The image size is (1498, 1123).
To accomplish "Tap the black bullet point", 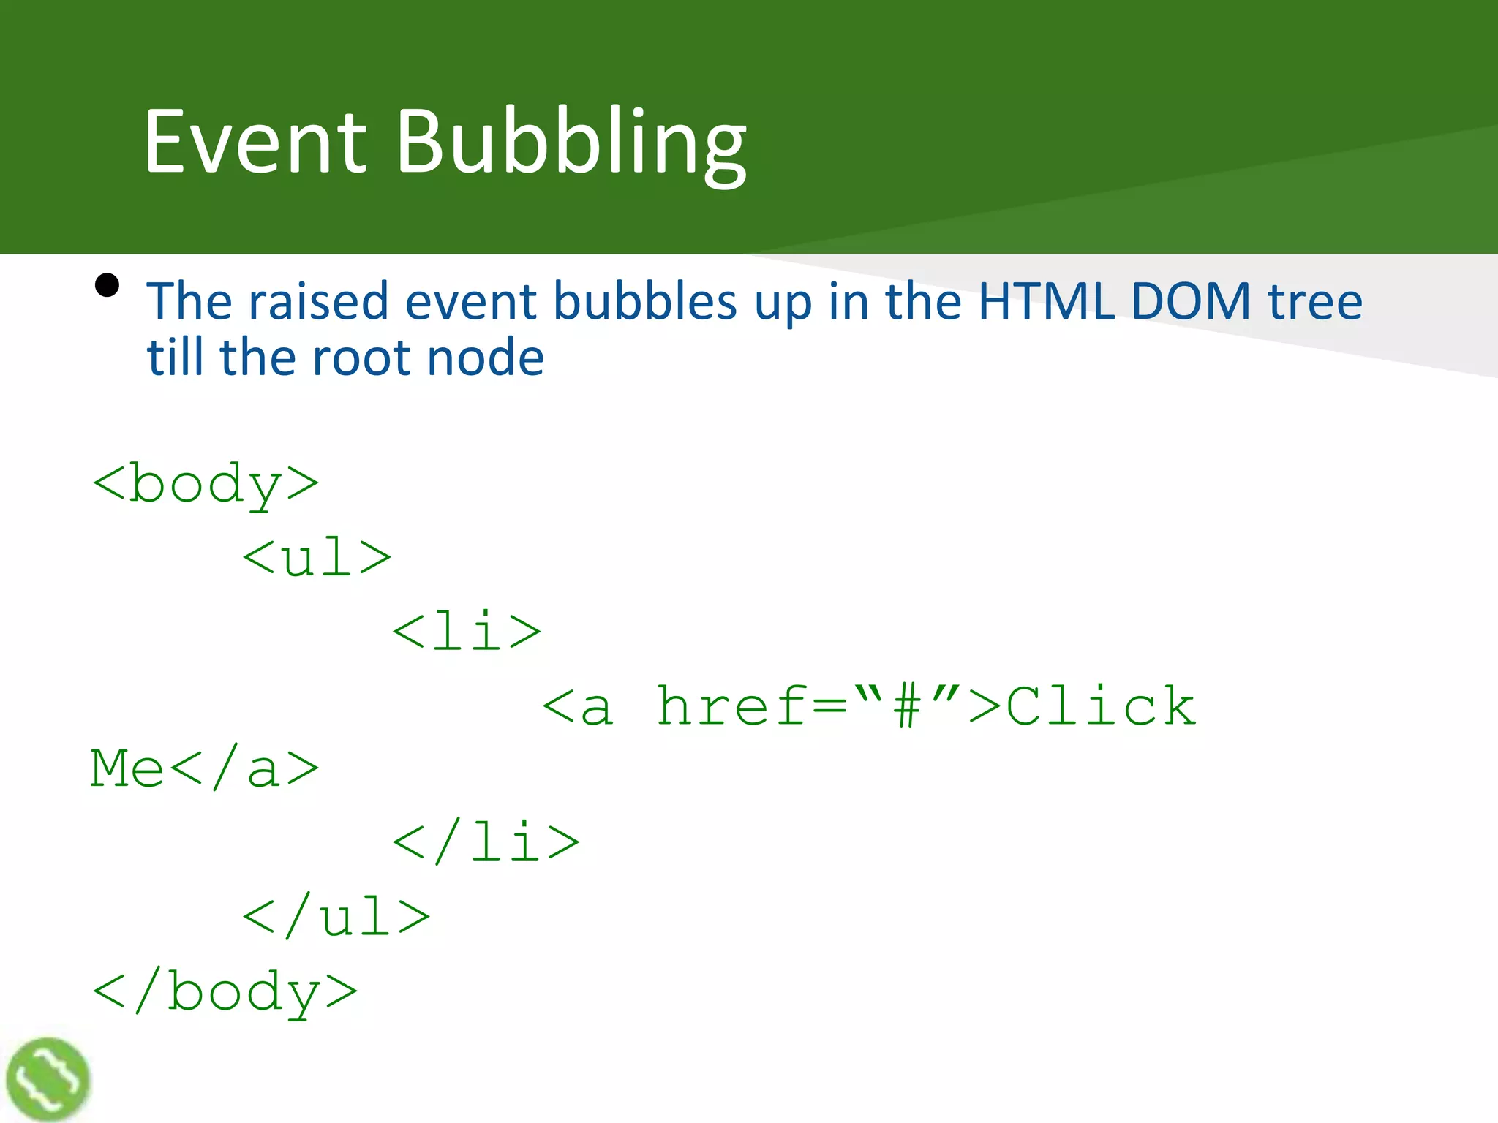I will (107, 285).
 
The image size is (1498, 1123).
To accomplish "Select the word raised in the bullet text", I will (318, 300).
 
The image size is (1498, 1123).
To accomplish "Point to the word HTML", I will (1046, 300).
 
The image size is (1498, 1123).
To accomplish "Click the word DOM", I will (1191, 300).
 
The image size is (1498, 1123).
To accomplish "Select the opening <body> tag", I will (206, 484).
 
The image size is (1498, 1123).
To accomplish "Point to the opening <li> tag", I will (467, 632).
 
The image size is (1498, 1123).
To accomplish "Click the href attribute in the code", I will (732, 706).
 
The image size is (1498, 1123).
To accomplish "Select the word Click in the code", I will (1101, 706).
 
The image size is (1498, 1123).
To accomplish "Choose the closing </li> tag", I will (486, 842).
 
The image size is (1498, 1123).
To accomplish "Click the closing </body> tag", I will (225, 992).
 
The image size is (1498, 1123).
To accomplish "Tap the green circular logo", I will (48, 1079).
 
